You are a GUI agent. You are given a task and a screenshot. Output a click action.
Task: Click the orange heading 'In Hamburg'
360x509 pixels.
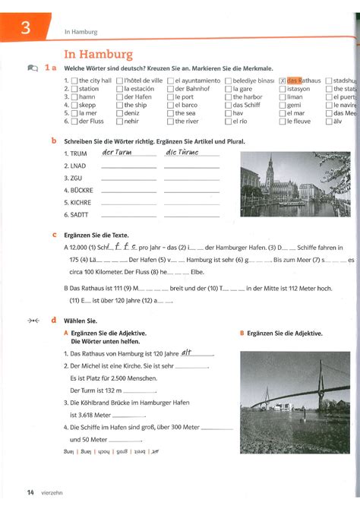tap(99, 54)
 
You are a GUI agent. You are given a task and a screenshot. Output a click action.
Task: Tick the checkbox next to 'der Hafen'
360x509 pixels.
tap(120, 97)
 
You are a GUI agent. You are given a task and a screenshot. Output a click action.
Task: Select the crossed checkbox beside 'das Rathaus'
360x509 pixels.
tap(283, 81)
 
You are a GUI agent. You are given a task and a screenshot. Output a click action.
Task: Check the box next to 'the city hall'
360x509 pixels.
tap(74, 81)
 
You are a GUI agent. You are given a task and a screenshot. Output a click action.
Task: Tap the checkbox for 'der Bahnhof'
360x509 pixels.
tap(170, 89)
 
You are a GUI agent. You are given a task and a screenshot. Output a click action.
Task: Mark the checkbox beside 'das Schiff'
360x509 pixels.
tap(228, 105)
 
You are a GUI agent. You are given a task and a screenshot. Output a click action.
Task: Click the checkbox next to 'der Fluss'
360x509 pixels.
tap(74, 122)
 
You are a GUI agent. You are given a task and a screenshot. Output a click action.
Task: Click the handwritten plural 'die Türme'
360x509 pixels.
tap(181, 153)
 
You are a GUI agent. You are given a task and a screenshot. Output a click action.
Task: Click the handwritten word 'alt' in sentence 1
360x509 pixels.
tap(187, 353)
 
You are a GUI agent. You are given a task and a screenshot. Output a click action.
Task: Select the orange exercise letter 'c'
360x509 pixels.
tap(54, 236)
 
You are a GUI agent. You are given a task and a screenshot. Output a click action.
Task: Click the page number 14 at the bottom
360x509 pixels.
tap(30, 493)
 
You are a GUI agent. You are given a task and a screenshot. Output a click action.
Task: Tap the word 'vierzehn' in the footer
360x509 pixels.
tap(57, 493)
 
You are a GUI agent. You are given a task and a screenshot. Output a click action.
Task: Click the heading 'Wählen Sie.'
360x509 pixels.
tap(81, 321)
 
